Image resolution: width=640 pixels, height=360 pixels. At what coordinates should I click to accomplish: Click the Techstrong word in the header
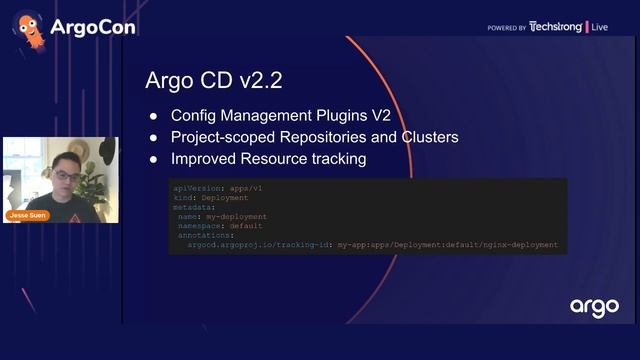(x=555, y=27)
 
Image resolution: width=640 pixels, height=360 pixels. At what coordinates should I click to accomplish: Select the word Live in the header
(x=600, y=27)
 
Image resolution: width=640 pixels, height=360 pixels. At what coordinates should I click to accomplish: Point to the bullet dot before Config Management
(x=153, y=115)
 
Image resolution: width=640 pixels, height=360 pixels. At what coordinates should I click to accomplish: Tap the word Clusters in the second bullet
(x=428, y=137)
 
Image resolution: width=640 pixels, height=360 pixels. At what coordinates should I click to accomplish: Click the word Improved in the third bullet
(x=204, y=159)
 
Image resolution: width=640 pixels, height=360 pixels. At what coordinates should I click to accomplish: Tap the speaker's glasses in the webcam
(x=65, y=176)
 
